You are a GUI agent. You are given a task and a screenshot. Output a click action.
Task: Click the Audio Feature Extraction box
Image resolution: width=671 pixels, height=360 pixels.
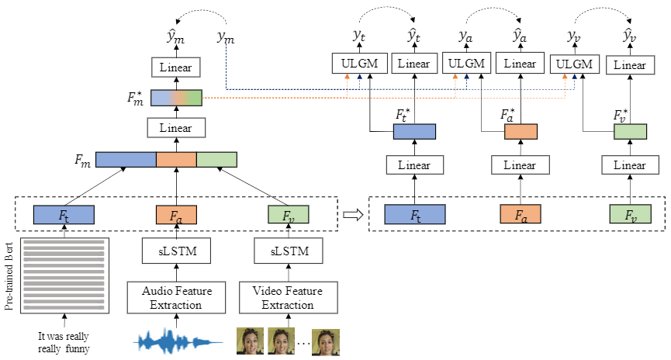[176, 297]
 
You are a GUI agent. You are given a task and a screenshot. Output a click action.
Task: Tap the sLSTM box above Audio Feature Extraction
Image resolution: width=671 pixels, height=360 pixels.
[176, 251]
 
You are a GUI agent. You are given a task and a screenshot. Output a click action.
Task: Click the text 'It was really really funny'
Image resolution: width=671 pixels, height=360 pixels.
[64, 342]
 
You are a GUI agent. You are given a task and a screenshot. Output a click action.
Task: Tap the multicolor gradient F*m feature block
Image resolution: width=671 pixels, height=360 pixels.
[176, 98]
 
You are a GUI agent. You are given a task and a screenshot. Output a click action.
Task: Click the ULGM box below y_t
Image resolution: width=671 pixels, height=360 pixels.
[358, 64]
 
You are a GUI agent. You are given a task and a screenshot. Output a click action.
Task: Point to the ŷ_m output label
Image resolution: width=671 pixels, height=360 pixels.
[176, 36]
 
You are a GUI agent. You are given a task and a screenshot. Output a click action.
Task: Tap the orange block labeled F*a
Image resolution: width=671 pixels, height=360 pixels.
[521, 133]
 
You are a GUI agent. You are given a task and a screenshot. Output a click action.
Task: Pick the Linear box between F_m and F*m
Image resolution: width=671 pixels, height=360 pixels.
[176, 127]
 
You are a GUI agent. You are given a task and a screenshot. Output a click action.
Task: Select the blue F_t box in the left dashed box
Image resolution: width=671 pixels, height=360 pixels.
[64, 214]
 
